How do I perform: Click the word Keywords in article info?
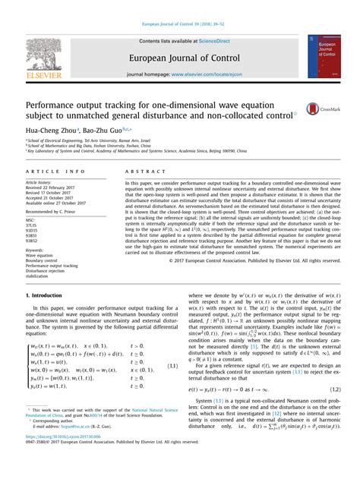tap(35, 249)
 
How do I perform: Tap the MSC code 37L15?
tap(32, 226)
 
